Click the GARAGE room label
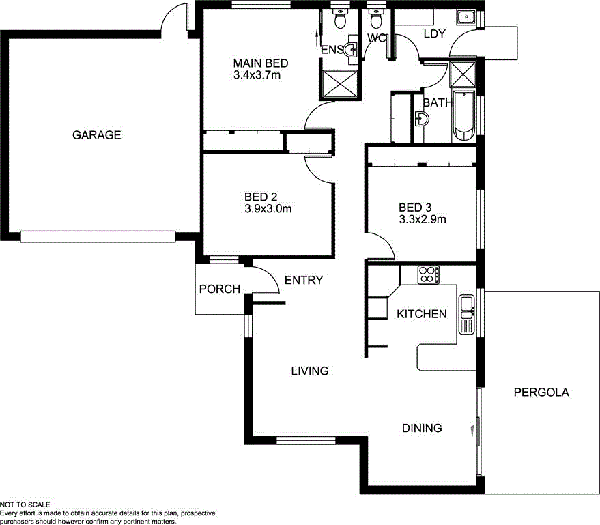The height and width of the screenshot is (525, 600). [96, 135]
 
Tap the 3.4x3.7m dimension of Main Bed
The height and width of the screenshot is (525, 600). [257, 75]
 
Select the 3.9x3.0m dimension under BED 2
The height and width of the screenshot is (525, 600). [268, 209]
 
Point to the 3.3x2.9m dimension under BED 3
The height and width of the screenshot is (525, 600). [423, 219]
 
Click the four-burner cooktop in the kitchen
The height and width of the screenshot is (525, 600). [428, 274]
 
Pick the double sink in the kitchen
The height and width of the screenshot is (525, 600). [467, 314]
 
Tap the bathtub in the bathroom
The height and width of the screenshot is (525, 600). [463, 116]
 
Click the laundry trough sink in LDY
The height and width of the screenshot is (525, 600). [468, 17]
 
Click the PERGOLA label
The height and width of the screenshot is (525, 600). [541, 393]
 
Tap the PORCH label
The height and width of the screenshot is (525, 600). [219, 289]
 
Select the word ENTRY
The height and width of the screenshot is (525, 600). [304, 280]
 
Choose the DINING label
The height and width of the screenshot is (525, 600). [421, 428]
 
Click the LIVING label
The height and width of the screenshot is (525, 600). [310, 371]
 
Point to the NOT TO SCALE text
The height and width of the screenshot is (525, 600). [25, 505]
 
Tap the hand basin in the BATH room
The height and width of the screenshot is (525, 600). [422, 120]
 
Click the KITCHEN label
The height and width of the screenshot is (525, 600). [422, 314]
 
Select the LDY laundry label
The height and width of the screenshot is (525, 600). [435, 34]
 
